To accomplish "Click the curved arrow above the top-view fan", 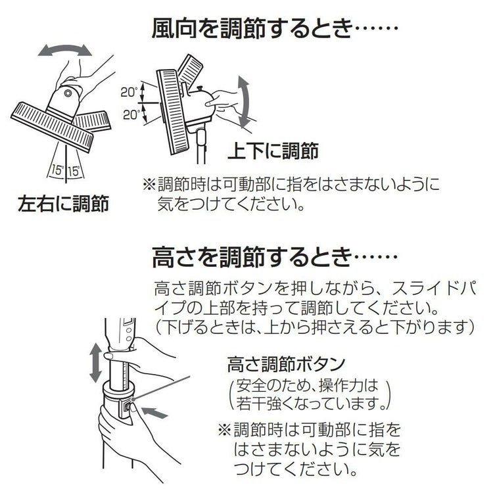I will click(64, 50).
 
